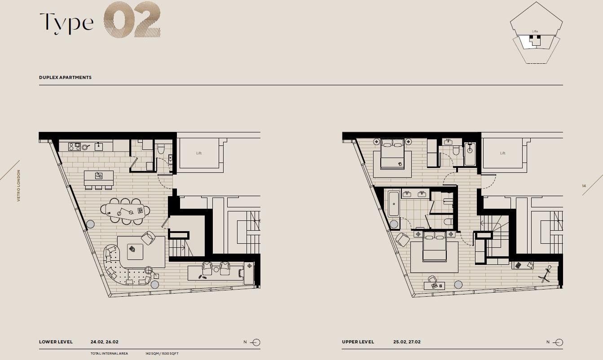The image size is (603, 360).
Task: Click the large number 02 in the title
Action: (132, 20)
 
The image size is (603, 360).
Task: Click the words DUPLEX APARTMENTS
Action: (65, 78)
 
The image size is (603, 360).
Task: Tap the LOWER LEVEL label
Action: (56, 342)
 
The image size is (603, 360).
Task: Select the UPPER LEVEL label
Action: (358, 342)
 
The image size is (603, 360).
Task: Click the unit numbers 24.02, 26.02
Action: (104, 342)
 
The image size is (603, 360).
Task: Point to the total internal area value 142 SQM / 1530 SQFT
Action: (162, 354)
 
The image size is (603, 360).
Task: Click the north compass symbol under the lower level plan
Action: (255, 342)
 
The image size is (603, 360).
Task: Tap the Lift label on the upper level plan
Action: (502, 154)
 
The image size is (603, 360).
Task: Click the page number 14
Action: (584, 186)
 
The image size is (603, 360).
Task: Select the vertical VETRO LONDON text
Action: (19, 185)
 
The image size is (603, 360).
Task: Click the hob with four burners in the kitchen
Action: (75, 146)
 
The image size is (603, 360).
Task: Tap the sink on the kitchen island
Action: (98, 176)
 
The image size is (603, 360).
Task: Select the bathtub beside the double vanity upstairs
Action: (393, 204)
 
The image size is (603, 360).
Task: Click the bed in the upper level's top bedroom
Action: (392, 154)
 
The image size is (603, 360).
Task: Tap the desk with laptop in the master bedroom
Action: (435, 285)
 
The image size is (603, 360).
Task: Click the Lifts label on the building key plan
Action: (535, 31)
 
